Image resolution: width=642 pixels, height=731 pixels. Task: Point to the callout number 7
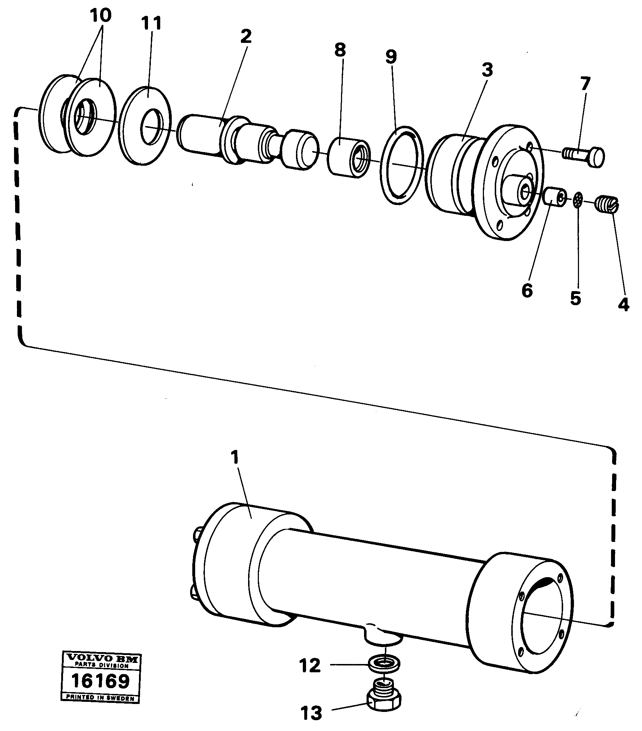tap(585, 84)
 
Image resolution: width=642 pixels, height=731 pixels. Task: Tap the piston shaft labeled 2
tap(248, 142)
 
